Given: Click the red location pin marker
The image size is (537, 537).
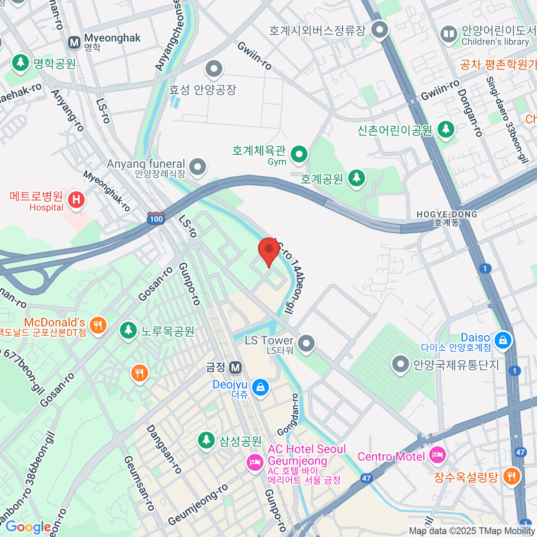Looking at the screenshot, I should point(269,250).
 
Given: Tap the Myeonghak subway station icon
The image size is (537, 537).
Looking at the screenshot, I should point(74,43).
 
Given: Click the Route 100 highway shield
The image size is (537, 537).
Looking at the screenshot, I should point(156,219).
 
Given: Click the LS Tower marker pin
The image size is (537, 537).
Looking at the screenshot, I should point(307,344).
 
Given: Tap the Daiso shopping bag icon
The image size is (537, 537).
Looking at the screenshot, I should point(503,340).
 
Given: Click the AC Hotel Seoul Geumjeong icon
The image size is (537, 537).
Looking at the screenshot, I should point(255,461).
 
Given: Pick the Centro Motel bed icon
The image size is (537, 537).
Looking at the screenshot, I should point(437,456).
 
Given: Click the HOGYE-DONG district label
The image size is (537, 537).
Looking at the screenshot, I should point(447,218).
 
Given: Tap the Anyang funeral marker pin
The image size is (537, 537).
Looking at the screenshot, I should point(197,167).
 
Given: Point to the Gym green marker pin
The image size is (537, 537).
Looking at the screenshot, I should point(299,155).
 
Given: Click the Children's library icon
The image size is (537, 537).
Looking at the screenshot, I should point(448,34).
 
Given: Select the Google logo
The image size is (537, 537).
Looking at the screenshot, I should point(28,527).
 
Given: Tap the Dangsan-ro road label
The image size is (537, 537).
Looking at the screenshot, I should point(164,449).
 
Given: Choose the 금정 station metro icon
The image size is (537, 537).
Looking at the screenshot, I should point(235,368).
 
